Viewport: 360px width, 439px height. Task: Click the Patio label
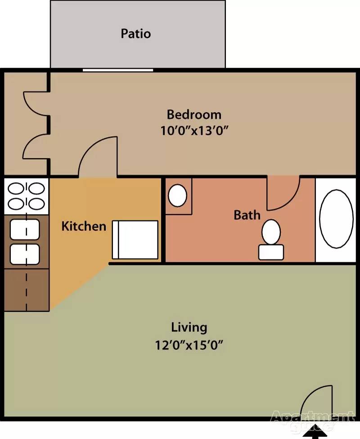[x=136, y=34]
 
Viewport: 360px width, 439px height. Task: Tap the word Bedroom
[x=194, y=115]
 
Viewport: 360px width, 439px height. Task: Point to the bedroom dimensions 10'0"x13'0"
[x=194, y=131]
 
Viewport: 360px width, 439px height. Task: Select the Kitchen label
[x=84, y=226]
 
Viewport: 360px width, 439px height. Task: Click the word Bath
[x=247, y=215]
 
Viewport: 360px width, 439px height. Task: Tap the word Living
[x=189, y=327]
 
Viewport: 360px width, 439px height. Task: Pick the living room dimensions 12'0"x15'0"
[x=189, y=345]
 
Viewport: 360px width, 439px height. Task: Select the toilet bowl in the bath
[x=271, y=232]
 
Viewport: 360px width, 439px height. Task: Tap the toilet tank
[x=271, y=252]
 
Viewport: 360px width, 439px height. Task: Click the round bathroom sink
[x=177, y=195]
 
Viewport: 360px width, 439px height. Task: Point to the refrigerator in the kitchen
[x=135, y=240]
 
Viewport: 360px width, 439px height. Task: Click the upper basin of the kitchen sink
[x=25, y=229]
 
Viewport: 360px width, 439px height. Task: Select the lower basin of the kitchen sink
[x=25, y=254]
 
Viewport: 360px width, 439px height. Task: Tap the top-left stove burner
[x=16, y=188]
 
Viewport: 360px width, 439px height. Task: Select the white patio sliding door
[x=118, y=70]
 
